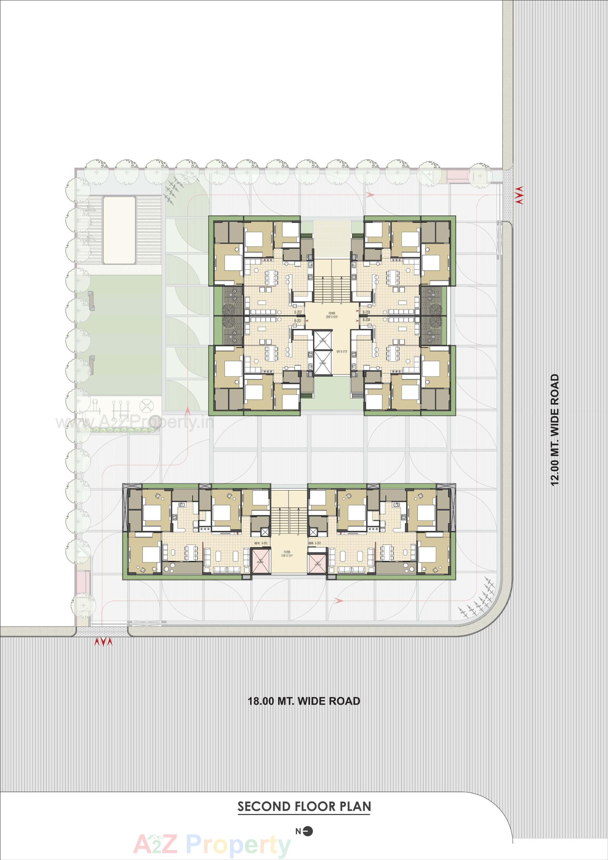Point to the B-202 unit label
(x=298, y=312)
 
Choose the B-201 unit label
(x=298, y=321)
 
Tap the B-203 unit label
(x=366, y=312)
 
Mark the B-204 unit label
(x=366, y=320)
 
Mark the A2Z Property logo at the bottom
(x=212, y=843)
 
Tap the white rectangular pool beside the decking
(x=119, y=231)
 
